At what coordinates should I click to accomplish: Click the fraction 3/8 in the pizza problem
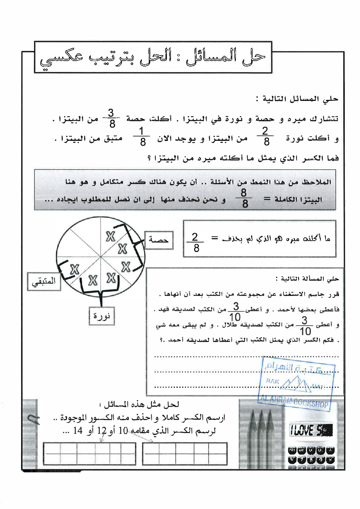pyautogui.click(x=111, y=118)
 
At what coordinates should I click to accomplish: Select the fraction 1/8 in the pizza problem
pyautogui.click(x=142, y=137)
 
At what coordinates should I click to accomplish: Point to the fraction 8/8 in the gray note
pyautogui.click(x=244, y=198)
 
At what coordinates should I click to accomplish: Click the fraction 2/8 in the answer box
pyautogui.click(x=195, y=243)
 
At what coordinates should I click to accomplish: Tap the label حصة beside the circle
pyautogui.click(x=159, y=240)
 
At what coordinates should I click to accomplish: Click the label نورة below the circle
pyautogui.click(x=102, y=316)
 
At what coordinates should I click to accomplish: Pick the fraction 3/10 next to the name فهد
pyautogui.click(x=236, y=311)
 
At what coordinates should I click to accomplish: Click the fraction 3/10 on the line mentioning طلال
pyautogui.click(x=305, y=326)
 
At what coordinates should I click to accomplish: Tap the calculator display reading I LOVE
pyautogui.click(x=311, y=430)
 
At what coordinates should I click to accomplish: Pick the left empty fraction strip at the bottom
pyautogui.click(x=89, y=453)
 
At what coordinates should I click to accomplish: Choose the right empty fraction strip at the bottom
pyautogui.click(x=185, y=453)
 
